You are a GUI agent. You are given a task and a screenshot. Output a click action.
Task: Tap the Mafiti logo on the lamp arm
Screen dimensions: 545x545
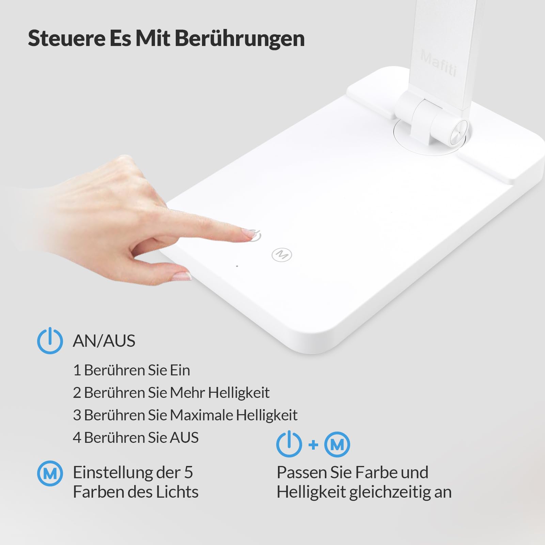[x=439, y=63]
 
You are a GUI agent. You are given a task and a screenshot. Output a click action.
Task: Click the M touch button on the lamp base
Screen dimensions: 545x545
[x=282, y=254]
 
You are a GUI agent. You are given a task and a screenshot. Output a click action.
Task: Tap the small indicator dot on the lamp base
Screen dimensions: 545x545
[x=237, y=266]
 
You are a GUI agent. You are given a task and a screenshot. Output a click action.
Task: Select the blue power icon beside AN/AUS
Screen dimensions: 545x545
[x=50, y=340]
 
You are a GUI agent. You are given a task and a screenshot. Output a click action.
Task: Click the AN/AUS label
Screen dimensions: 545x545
[x=104, y=341]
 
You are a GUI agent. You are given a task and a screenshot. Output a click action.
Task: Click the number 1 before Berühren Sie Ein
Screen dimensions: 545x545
[x=77, y=370]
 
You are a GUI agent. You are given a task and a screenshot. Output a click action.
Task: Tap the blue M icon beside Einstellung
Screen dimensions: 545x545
[x=50, y=473]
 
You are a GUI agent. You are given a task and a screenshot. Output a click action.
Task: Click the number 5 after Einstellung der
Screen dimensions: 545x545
[x=188, y=472]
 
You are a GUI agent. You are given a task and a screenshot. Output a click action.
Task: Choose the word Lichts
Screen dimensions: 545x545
[x=177, y=492]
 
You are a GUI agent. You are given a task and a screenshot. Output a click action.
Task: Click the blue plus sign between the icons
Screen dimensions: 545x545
[x=313, y=445]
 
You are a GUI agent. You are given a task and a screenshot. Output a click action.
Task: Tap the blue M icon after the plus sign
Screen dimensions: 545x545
[x=337, y=445]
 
